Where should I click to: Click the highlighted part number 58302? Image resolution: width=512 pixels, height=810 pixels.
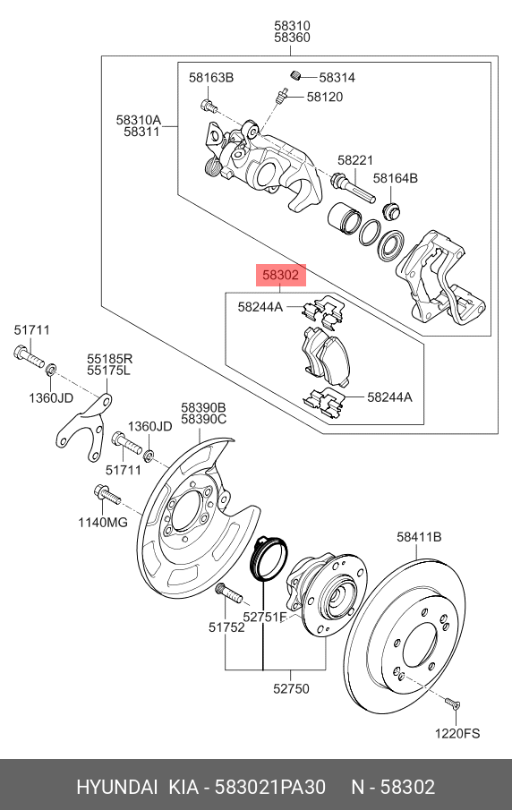click(280, 275)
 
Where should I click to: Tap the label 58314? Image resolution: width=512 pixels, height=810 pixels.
click(337, 78)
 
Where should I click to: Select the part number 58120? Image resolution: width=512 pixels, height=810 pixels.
click(324, 97)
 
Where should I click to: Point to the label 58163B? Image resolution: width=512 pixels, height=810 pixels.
click(210, 78)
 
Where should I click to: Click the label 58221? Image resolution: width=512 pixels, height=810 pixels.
click(355, 160)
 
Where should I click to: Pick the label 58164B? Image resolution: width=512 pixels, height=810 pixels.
click(396, 178)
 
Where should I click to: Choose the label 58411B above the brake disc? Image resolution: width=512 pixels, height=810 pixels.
click(419, 537)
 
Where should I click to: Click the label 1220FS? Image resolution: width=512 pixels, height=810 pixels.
click(457, 734)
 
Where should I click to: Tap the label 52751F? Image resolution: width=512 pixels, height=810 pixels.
click(265, 617)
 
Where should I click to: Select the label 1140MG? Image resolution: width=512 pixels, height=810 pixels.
click(103, 523)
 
